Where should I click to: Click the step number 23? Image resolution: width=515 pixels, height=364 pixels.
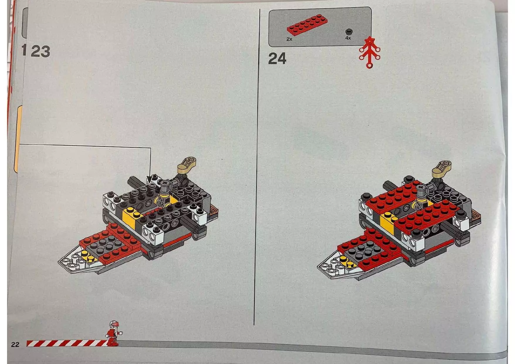40,52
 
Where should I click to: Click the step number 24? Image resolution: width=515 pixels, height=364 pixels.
277,59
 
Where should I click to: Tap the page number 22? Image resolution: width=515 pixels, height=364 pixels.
15,344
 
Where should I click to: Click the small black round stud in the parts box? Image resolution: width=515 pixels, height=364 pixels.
349,31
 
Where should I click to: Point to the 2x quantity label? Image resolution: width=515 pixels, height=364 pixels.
289,39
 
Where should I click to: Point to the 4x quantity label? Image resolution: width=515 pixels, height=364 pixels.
348,38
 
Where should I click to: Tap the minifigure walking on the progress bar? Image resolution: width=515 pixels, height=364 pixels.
114,333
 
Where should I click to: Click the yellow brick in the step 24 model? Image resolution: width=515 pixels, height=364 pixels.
388,221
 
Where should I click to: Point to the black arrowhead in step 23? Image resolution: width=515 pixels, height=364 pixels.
151,179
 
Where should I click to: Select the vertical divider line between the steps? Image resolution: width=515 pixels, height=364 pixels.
257,176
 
